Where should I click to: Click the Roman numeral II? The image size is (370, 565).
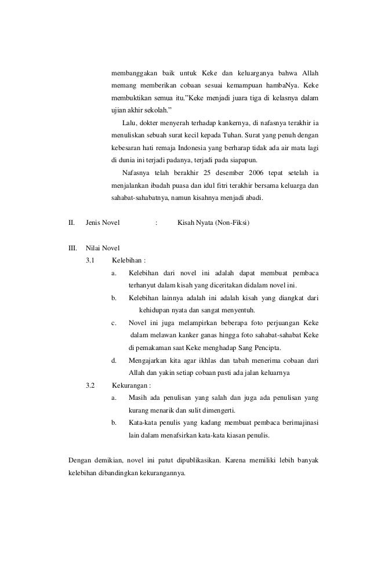click(72, 223)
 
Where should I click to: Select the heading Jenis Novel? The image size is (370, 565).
click(104, 223)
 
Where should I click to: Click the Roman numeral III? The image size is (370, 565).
click(73, 248)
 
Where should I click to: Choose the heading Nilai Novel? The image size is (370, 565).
click(102, 248)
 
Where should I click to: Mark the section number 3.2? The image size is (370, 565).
click(91, 385)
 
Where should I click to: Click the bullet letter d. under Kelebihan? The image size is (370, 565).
click(114, 360)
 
